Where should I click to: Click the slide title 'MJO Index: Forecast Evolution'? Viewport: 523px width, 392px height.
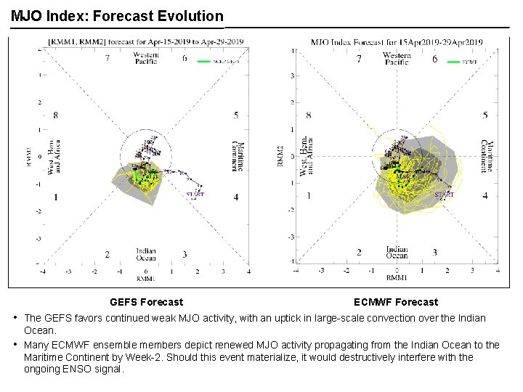[x=117, y=15]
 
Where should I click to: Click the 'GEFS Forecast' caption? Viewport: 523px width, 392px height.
[x=146, y=302]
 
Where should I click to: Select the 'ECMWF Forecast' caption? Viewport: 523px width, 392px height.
[x=396, y=302]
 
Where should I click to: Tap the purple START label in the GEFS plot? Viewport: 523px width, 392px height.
[x=196, y=194]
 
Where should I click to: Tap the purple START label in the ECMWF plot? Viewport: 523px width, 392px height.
[x=445, y=195]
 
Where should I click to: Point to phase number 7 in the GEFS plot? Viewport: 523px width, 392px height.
[x=107, y=58]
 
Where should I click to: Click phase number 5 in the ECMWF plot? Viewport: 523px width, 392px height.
[x=485, y=115]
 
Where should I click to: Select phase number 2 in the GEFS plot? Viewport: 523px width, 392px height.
[x=107, y=254]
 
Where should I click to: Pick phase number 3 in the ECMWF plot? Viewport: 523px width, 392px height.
[x=434, y=252]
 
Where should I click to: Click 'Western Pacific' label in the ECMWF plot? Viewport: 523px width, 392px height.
[x=397, y=59]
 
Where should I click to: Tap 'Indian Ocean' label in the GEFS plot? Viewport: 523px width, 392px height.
[x=145, y=254]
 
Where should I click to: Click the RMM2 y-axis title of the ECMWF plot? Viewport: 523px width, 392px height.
[x=280, y=155]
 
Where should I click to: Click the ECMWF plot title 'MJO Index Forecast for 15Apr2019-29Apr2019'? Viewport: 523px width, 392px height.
[x=397, y=42]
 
